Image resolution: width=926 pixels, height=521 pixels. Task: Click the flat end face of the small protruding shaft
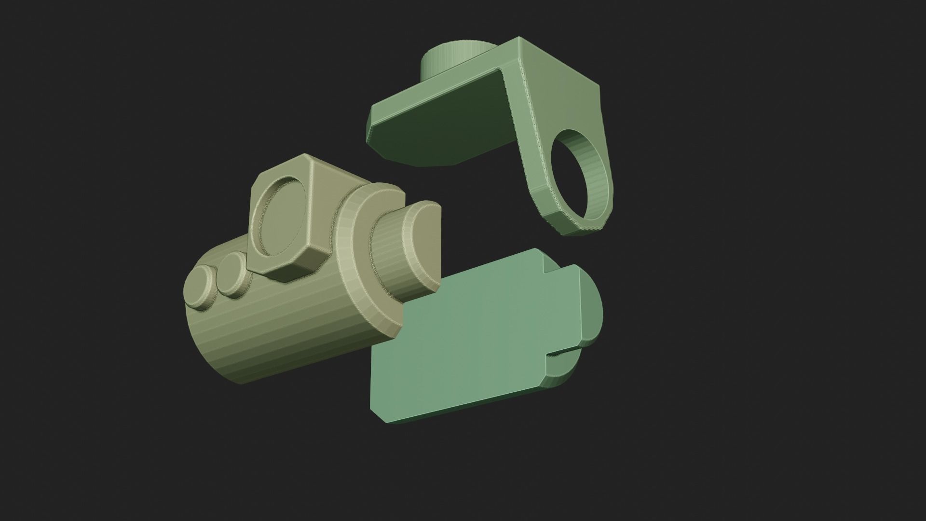[427, 251]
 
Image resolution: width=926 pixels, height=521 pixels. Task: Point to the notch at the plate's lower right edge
[562, 356]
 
